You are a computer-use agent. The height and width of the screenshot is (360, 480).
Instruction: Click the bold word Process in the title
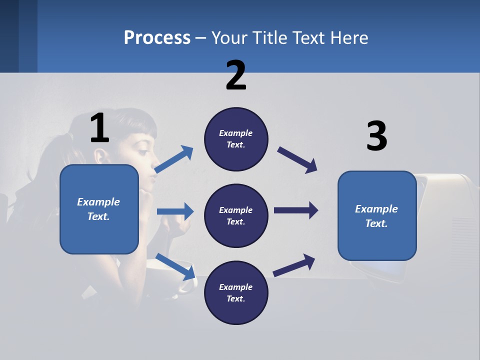point(157,37)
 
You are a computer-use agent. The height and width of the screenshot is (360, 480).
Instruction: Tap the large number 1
point(99,128)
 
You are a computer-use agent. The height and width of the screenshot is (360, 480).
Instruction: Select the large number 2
point(236,75)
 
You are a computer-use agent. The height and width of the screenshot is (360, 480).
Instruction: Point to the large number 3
point(376,136)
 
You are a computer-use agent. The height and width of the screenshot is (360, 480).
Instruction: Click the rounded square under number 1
point(99,209)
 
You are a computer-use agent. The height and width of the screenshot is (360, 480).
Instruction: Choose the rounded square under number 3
point(377,216)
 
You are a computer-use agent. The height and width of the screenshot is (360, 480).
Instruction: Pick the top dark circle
point(236,139)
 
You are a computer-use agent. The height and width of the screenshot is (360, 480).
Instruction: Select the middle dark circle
point(236,216)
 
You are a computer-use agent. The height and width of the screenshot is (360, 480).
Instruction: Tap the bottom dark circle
point(236,293)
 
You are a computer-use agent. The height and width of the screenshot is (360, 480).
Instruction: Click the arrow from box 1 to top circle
point(174,159)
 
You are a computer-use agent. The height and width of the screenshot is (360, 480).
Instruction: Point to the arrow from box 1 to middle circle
point(175,211)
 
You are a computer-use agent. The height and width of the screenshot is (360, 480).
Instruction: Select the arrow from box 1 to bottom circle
point(175,266)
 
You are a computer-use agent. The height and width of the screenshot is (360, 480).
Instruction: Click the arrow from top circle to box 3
point(297,160)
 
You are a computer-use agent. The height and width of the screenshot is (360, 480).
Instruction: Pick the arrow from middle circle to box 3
point(296,210)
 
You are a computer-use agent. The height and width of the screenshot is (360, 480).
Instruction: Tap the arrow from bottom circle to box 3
point(294,265)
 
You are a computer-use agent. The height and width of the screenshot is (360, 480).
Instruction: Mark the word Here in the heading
point(349,37)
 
